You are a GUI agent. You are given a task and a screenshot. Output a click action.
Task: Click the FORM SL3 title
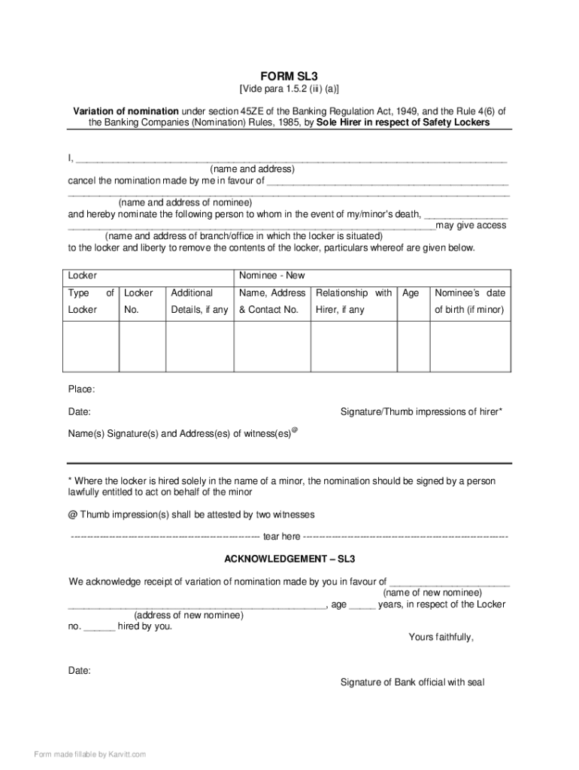[x=289, y=76]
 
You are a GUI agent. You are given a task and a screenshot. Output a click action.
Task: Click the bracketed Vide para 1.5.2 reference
[x=289, y=89]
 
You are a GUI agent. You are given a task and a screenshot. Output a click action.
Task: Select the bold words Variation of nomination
[x=126, y=111]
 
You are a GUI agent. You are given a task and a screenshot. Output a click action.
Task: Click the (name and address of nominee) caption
[x=185, y=202]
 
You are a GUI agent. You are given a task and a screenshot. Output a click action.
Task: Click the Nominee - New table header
[x=270, y=276]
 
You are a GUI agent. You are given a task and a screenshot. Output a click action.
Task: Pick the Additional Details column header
[x=199, y=301]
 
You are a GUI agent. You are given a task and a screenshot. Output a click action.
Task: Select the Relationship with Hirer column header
[x=353, y=301]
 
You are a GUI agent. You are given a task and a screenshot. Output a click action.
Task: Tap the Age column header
[x=411, y=293]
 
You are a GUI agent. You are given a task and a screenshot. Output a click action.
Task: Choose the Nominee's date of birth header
[x=470, y=301]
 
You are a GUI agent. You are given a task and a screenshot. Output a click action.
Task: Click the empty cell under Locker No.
[x=142, y=347]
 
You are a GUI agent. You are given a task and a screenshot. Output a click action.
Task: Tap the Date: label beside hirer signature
[x=80, y=412]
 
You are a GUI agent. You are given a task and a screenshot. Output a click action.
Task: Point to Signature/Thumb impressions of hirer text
[x=421, y=412]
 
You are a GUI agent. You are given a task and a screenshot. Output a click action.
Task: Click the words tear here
[x=281, y=537]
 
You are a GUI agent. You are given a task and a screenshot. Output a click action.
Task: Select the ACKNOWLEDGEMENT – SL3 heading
[x=289, y=559]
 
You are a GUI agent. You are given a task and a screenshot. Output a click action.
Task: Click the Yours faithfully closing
[x=441, y=637]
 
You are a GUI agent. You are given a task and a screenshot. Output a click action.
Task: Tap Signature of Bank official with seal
[x=412, y=682]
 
